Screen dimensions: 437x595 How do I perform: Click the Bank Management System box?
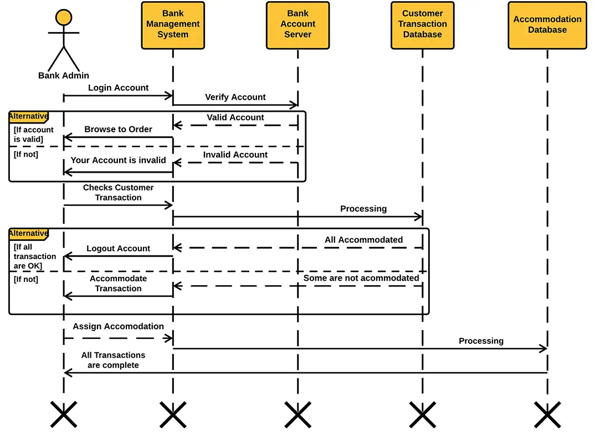click(173, 24)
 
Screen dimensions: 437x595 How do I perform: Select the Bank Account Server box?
click(297, 24)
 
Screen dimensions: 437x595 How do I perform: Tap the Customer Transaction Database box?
click(422, 24)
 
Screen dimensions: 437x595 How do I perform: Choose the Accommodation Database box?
click(547, 24)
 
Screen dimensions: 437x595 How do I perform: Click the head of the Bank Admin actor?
click(64, 18)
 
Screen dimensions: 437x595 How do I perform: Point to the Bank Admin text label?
click(64, 75)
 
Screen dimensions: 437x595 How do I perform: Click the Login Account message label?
click(118, 88)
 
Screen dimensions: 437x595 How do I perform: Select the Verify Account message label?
click(235, 97)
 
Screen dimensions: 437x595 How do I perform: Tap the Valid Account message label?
click(235, 117)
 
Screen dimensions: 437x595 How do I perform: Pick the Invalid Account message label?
click(235, 155)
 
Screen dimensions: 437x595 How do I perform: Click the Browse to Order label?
click(118, 129)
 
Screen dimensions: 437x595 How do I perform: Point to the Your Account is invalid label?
click(118, 160)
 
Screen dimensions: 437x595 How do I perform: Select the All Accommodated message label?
click(363, 240)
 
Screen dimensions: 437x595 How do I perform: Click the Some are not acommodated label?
click(361, 278)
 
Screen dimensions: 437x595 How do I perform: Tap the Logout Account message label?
click(118, 248)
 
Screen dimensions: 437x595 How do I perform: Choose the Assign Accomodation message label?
click(118, 326)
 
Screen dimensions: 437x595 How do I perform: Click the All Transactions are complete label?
click(113, 360)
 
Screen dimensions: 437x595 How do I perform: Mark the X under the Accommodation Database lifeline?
click(547, 415)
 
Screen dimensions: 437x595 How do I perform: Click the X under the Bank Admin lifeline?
click(64, 415)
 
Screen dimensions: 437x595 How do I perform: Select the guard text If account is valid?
click(33, 134)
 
